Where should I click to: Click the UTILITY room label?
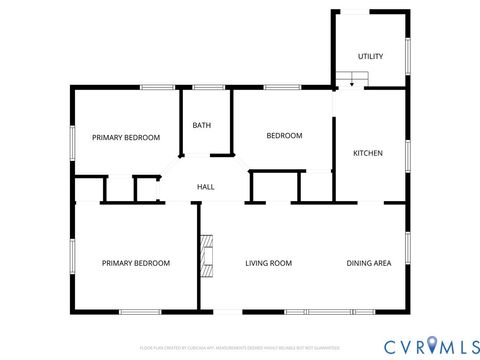coord(370,56)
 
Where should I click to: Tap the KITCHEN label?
coord(368,153)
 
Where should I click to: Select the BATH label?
coord(202,125)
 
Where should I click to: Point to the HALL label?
coord(205,187)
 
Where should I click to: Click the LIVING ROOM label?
coord(268,263)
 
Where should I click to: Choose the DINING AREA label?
coord(368,263)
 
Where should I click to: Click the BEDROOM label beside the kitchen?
coord(284,135)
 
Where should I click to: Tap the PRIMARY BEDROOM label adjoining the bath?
coord(126,137)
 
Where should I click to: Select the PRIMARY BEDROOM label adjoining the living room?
coord(136,263)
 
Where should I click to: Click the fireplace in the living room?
coord(207,254)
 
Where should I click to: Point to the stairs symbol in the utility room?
coord(352,79)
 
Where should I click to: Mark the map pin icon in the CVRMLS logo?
coord(431,345)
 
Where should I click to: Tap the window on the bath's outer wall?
coord(207,88)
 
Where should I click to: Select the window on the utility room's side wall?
coord(408,56)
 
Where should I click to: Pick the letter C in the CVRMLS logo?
coord(388,345)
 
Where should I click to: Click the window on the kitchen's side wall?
coord(408,155)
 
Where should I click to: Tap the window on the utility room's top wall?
coord(355,12)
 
